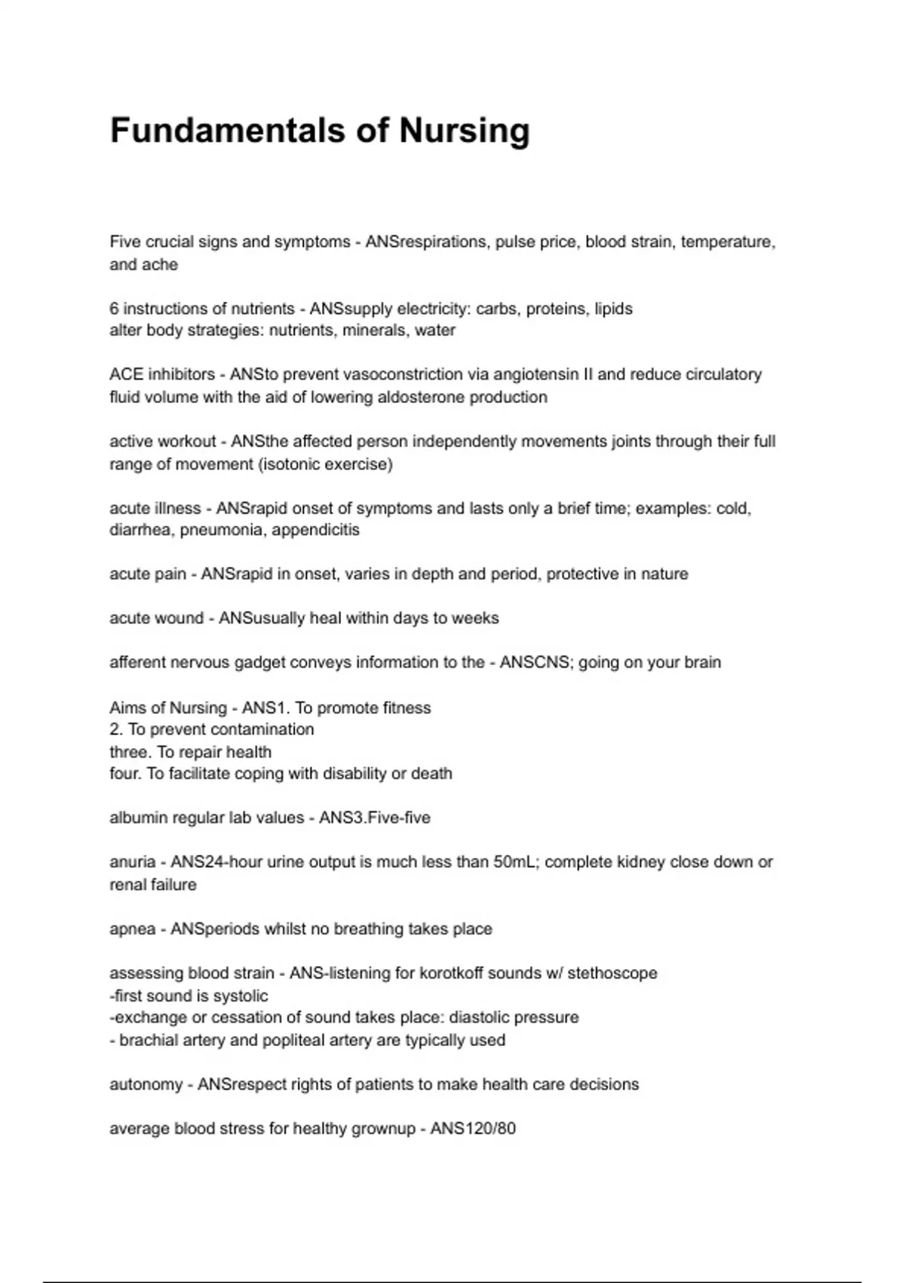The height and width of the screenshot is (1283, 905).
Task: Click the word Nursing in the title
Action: [x=464, y=131]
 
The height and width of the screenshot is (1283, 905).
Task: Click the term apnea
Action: [x=132, y=929]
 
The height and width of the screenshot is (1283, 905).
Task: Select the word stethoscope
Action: [x=612, y=974]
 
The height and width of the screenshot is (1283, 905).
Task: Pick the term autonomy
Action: [x=146, y=1085]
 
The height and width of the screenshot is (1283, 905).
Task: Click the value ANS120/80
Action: [x=473, y=1129]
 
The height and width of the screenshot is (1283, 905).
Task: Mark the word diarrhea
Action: [x=141, y=530]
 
